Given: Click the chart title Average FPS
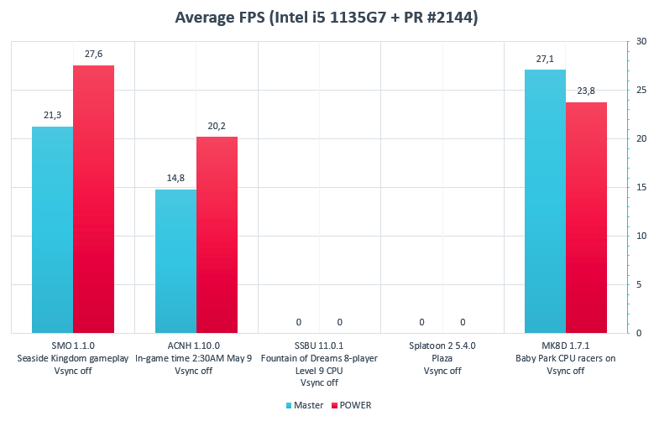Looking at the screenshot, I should pyautogui.click(x=326, y=18).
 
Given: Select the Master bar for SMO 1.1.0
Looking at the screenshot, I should pyautogui.click(x=52, y=230).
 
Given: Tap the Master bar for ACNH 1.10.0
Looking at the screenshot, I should pyautogui.click(x=175, y=262).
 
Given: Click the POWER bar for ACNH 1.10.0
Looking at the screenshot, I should pyautogui.click(x=217, y=235).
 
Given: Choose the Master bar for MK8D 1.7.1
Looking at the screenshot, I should pyautogui.click(x=545, y=201).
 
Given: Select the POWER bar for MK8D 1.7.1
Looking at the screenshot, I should pyautogui.click(x=586, y=218).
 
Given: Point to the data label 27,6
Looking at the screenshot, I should pyautogui.click(x=93, y=55).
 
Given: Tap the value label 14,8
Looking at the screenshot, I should pyautogui.click(x=175, y=179).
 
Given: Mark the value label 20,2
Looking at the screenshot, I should pyautogui.click(x=217, y=126).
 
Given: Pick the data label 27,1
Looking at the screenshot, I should pyautogui.click(x=545, y=59).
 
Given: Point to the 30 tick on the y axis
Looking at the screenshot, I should pyautogui.click(x=641, y=41).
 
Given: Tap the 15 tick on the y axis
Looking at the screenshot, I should pyautogui.click(x=641, y=187).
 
